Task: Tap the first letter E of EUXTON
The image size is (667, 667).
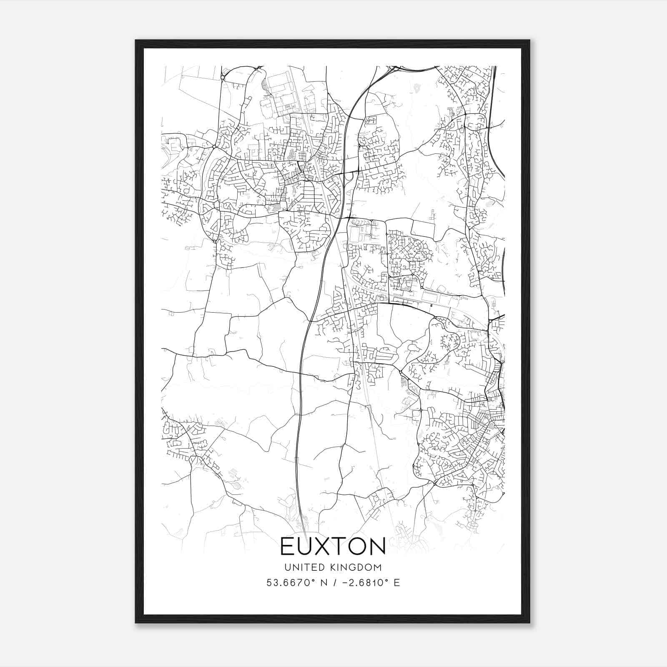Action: pyautogui.click(x=288, y=546)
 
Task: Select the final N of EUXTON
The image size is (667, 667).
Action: pyautogui.click(x=377, y=546)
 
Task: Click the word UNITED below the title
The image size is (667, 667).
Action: pyautogui.click(x=301, y=567)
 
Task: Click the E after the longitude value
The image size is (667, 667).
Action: pyautogui.click(x=397, y=583)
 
